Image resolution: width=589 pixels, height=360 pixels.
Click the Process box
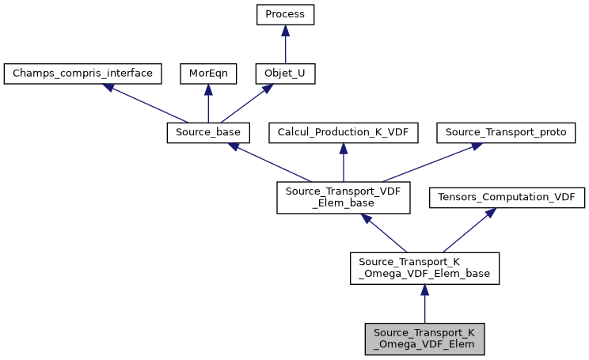[x=285, y=15]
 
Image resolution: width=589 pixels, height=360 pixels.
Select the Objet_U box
[x=285, y=74]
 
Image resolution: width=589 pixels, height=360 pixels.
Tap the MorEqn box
[x=207, y=74]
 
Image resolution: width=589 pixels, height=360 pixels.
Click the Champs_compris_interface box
[x=83, y=74]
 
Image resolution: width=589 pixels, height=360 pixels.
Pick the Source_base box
[x=208, y=133]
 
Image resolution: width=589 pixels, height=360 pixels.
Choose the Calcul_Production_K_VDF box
[x=343, y=133]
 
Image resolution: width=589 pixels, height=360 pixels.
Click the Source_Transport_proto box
[x=506, y=133]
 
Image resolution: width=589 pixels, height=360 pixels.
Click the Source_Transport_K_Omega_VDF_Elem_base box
[x=424, y=268]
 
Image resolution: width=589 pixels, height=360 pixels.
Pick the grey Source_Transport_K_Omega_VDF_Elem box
[x=424, y=338]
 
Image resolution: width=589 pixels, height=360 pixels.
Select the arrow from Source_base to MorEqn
[x=207, y=104]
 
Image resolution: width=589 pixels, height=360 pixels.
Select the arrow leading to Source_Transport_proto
[x=427, y=163]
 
